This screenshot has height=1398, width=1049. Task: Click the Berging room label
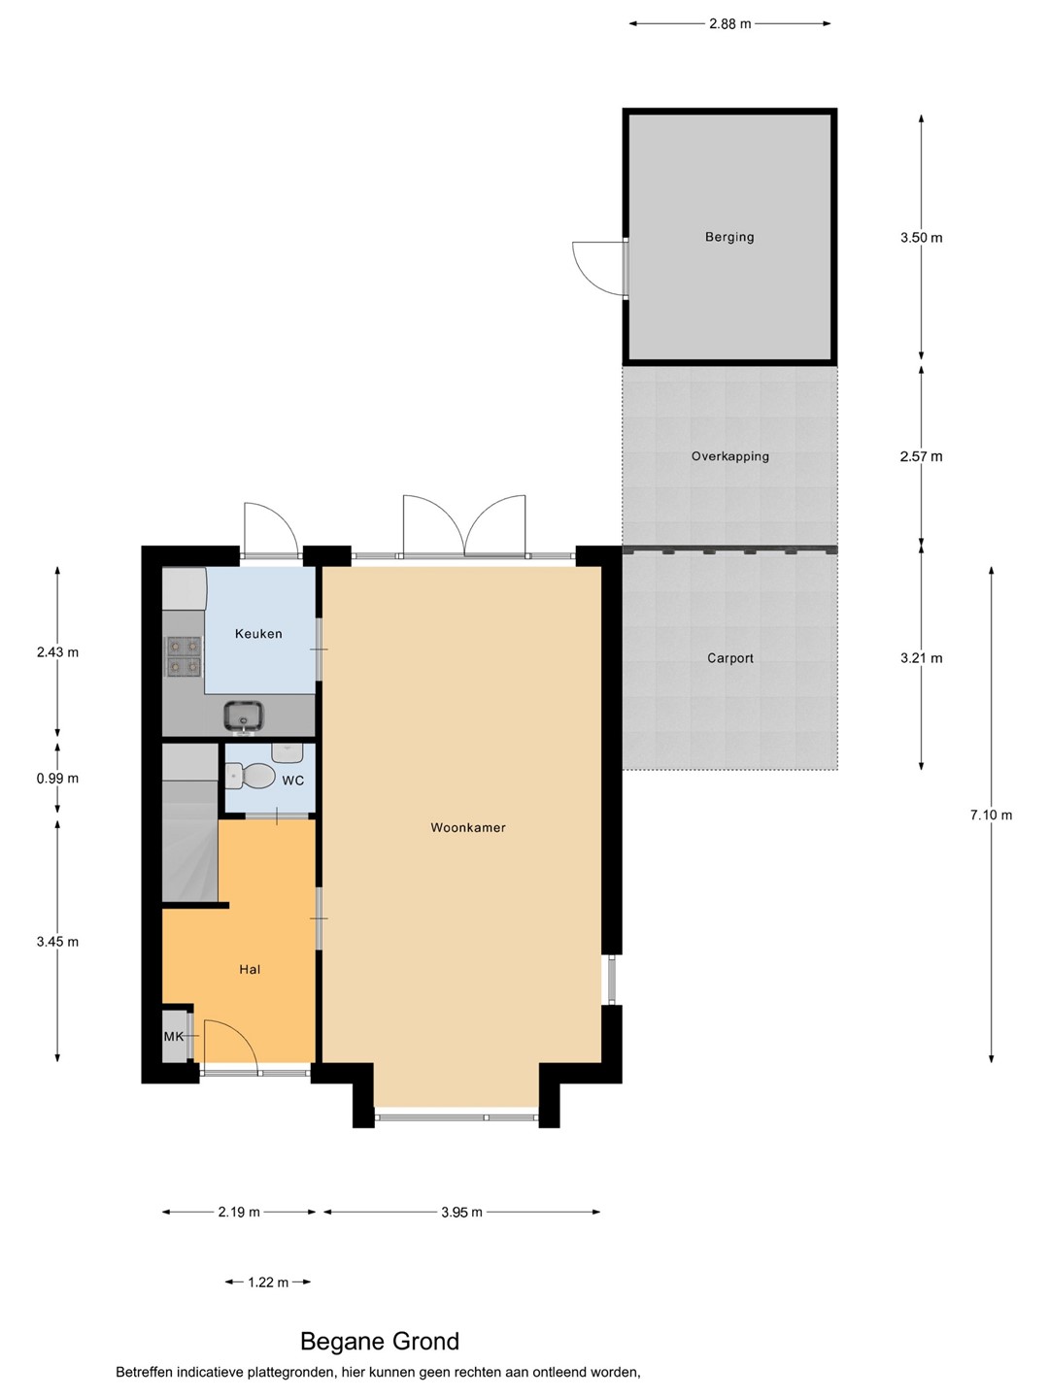pos(729,237)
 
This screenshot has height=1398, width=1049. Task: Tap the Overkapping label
pos(729,456)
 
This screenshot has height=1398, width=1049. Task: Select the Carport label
pos(729,658)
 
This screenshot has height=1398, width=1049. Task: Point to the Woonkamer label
pos(468,827)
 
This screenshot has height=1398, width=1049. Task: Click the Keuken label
pos(258,634)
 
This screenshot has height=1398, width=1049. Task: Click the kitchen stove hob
pos(185,656)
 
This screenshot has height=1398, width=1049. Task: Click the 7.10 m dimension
pos(991,815)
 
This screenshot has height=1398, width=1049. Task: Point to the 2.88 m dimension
pos(729,24)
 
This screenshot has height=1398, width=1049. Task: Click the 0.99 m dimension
pos(58,779)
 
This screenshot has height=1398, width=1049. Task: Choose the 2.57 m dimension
pos(921,456)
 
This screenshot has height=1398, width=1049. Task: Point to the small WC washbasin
pos(288,752)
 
